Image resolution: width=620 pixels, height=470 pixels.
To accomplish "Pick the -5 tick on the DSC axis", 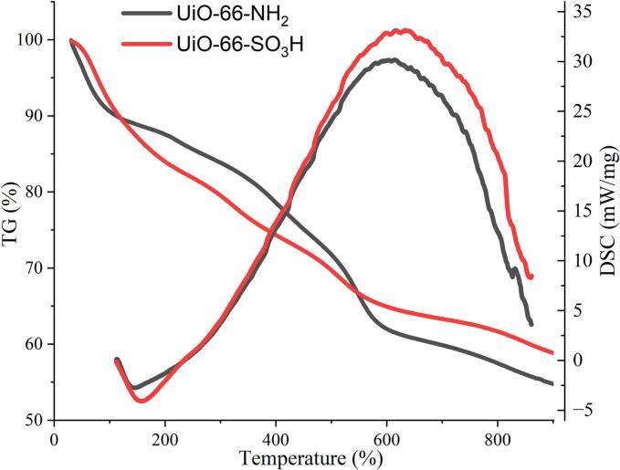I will tap(582, 410).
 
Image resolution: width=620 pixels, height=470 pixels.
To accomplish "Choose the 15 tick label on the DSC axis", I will tap(582, 211).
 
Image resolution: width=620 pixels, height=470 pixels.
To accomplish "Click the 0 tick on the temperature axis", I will tap(56, 435).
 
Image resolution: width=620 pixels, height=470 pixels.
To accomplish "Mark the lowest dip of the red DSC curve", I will tap(144, 401).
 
